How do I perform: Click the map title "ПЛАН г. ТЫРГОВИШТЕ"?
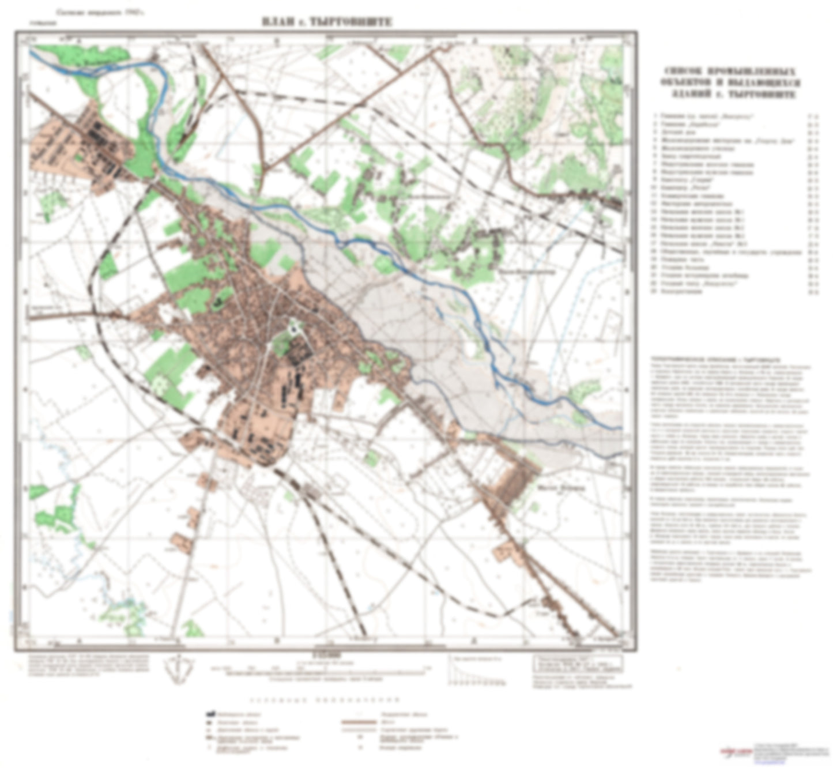click(x=326, y=22)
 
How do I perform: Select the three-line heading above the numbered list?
click(x=731, y=82)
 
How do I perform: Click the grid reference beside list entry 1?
click(x=813, y=115)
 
